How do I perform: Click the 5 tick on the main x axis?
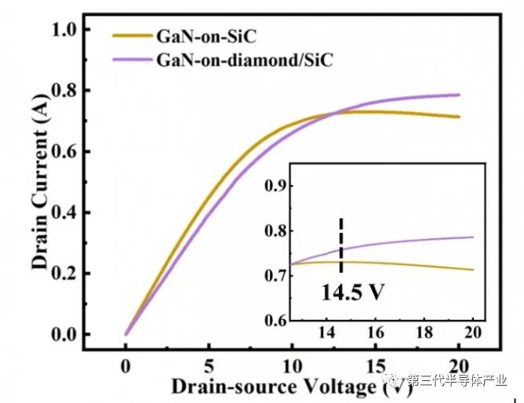(208, 365)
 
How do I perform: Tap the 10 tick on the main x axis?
(291, 365)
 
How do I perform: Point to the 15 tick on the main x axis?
(374, 365)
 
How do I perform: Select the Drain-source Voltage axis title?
(275, 386)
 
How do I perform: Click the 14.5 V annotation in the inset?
(351, 293)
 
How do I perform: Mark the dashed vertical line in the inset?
(341, 245)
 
